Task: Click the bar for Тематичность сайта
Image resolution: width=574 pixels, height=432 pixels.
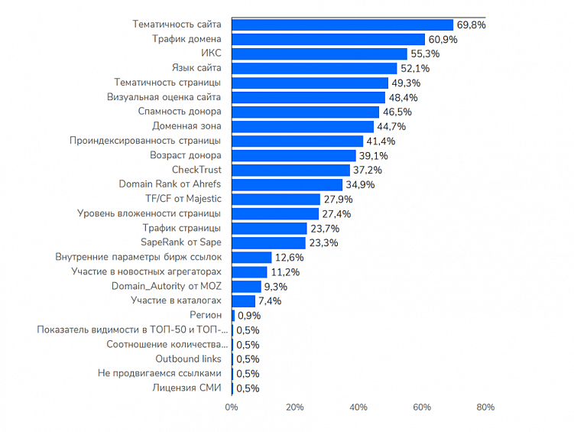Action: coord(342,24)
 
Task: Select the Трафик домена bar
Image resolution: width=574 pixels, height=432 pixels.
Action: coord(328,39)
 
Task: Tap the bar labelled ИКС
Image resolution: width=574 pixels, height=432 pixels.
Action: coord(319,54)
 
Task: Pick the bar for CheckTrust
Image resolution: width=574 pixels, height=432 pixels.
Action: coord(290,170)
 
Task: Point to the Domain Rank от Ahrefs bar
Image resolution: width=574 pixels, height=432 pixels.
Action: coord(287,184)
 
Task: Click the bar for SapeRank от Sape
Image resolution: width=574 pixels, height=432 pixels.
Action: coord(268,242)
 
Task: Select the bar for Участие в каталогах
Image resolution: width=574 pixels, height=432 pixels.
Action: coord(243,300)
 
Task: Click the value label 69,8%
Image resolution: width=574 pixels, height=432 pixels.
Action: coord(471,25)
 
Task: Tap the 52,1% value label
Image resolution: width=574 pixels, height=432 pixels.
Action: coord(414,69)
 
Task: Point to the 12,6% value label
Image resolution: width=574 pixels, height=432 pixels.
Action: coord(289,258)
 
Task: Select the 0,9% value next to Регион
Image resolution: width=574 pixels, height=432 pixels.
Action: coord(249,316)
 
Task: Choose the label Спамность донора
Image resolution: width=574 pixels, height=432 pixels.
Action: coord(180,112)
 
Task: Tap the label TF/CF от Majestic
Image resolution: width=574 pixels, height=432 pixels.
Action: coord(183,199)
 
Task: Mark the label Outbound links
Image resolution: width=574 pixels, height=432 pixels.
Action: coord(189,359)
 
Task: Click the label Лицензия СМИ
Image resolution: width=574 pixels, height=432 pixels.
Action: coord(187,388)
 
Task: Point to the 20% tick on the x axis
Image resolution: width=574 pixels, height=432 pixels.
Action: coord(295,408)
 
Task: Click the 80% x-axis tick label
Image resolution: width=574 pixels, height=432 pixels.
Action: coord(485,408)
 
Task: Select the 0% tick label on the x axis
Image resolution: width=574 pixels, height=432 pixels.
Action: coord(232,408)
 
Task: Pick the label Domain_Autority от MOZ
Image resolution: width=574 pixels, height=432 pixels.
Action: coord(167,286)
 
